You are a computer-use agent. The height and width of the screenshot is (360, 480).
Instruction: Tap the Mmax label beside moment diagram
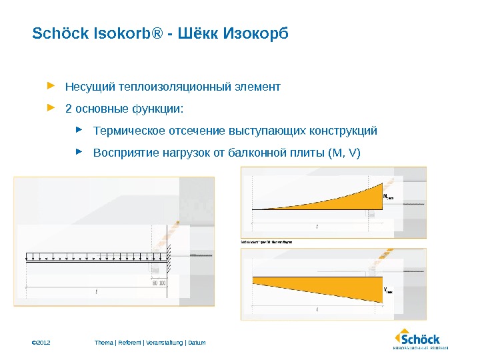[390, 197]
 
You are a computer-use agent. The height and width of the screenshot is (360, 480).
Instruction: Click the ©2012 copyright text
[41, 343]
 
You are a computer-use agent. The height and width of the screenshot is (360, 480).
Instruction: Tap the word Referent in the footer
[130, 343]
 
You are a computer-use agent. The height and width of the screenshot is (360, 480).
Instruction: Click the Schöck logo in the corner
[421, 339]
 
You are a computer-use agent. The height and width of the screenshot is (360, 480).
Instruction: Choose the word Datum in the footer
[197, 343]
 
